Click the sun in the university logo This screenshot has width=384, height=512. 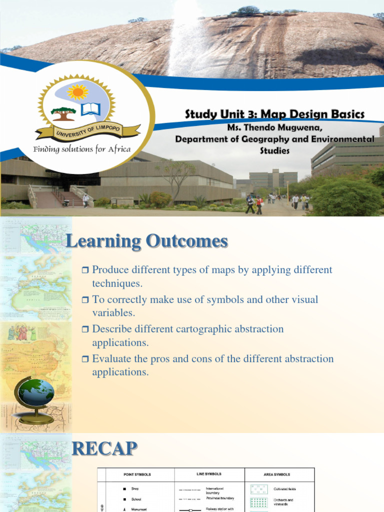77,92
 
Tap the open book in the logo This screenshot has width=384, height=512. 90,108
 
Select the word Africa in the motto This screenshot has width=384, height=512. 119,149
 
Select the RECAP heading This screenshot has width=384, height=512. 104,448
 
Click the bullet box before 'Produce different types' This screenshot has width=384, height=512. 84,270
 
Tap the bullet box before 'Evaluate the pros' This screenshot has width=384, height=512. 84,359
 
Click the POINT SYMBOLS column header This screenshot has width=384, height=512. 137,474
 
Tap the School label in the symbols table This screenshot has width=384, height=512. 136,499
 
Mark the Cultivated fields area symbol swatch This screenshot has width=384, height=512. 258,489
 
